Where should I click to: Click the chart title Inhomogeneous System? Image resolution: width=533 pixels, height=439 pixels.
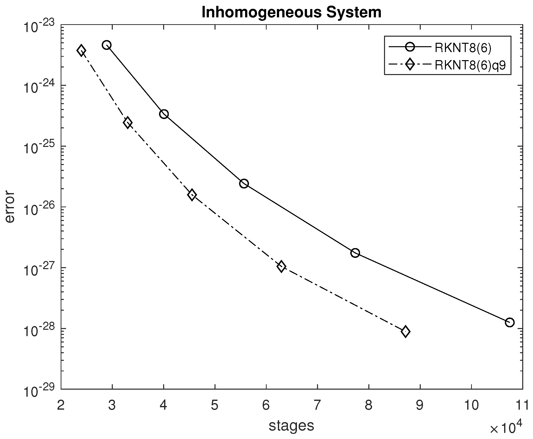291,12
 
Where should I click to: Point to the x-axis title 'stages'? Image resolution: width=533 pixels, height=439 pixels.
291,426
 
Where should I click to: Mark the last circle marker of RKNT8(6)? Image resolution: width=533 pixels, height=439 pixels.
510,322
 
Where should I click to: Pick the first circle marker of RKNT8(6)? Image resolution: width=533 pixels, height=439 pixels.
107,45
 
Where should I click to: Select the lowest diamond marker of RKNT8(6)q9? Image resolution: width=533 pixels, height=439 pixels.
406,331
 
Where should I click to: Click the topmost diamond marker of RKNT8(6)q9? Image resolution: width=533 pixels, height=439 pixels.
81,51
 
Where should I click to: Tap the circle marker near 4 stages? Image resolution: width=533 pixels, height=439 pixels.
164,114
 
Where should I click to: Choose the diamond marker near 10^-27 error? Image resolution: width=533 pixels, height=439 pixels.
281,266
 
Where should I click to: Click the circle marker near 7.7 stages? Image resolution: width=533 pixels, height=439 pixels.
355,253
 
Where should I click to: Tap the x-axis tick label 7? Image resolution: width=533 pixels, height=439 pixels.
317,405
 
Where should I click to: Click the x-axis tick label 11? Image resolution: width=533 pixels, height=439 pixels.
522,405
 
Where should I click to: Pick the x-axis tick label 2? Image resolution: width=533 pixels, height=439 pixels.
61,405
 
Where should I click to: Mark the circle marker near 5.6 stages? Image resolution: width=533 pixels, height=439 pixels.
244,183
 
